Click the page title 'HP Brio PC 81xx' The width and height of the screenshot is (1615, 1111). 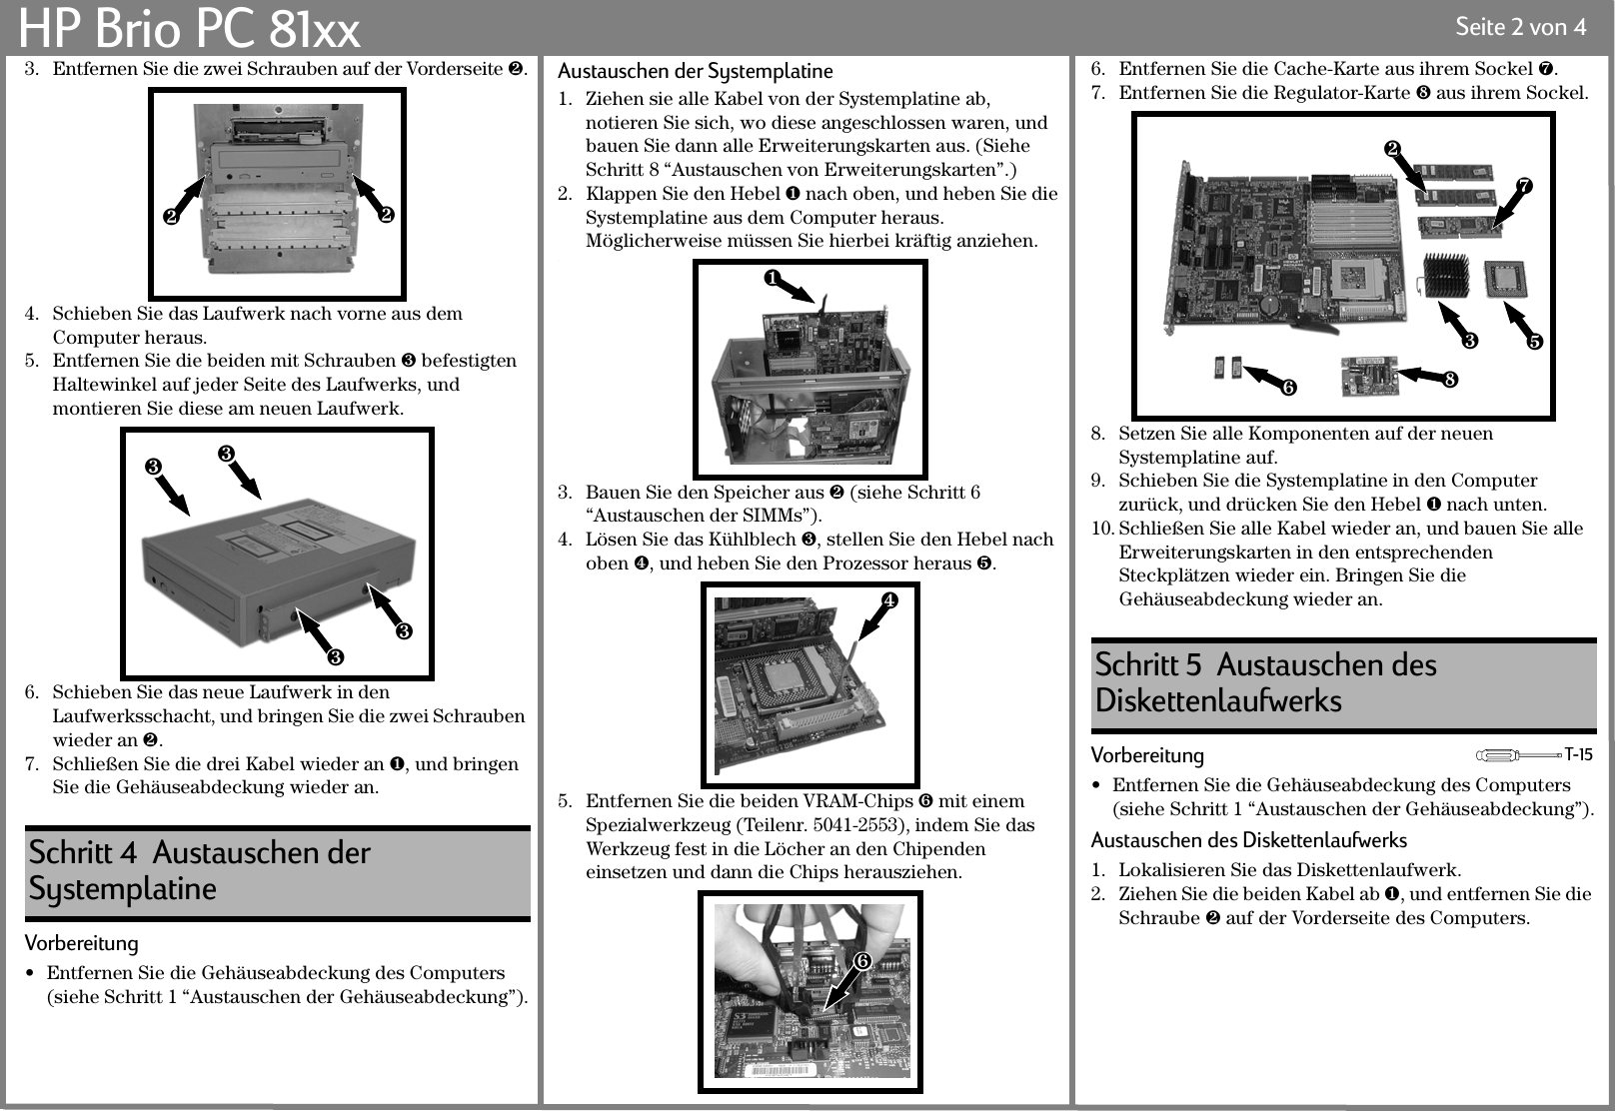point(190,30)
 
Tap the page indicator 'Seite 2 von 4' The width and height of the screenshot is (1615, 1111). point(1520,27)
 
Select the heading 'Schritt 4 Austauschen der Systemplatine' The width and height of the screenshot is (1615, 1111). point(200,870)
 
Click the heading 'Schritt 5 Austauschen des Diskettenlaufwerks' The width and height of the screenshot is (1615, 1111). point(1266,682)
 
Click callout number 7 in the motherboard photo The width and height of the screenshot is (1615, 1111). point(1524,186)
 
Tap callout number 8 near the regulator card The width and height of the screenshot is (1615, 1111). point(1449,380)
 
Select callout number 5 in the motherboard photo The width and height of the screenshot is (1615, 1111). point(1534,342)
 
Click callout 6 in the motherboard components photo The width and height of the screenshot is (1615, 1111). point(1289,386)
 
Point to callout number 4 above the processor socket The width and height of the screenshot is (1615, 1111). point(886,599)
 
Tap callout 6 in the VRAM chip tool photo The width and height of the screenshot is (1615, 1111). point(861,961)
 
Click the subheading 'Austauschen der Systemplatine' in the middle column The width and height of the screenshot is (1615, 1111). point(695,71)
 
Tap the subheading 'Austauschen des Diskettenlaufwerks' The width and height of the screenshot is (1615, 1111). point(1248,840)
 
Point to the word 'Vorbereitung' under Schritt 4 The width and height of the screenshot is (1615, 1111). point(82,943)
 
